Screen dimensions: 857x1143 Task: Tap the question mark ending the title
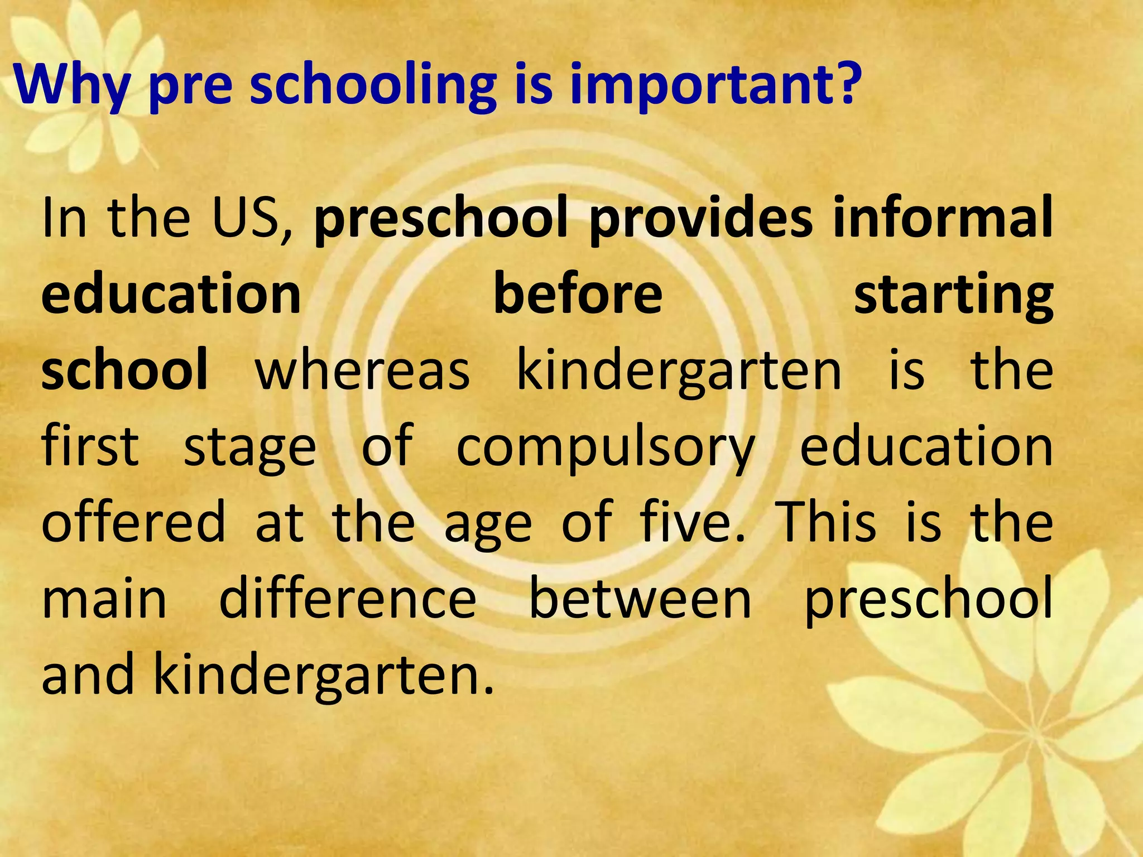pos(841,84)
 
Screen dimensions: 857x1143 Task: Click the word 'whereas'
pos(363,372)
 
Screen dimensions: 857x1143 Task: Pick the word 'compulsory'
pos(606,450)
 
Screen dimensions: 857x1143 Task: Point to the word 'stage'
pos(249,450)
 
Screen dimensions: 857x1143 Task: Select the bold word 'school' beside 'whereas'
pos(124,369)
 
